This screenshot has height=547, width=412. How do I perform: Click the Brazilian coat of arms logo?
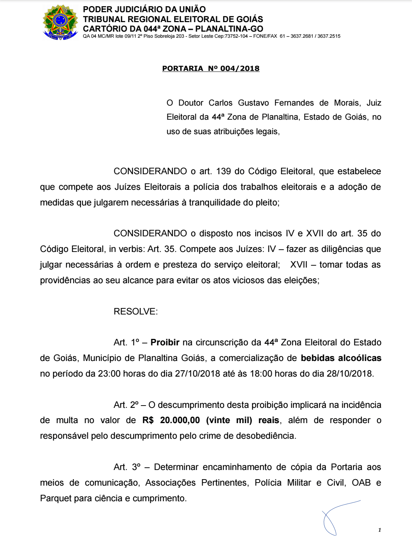point(60,22)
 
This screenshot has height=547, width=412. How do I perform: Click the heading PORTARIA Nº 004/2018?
point(211,69)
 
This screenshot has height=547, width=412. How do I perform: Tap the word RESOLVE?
point(135,311)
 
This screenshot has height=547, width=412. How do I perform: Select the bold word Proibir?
point(165,342)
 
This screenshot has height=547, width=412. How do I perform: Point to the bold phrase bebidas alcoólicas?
point(341,358)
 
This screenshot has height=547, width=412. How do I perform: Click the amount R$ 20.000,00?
point(171,420)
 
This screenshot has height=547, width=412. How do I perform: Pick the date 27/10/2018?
point(198,374)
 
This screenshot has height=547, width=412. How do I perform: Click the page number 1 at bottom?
point(380,530)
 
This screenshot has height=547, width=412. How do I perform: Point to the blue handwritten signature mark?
point(336,517)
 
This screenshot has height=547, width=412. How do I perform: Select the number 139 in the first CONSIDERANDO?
point(224,171)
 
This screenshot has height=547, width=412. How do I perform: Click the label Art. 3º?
point(127,467)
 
